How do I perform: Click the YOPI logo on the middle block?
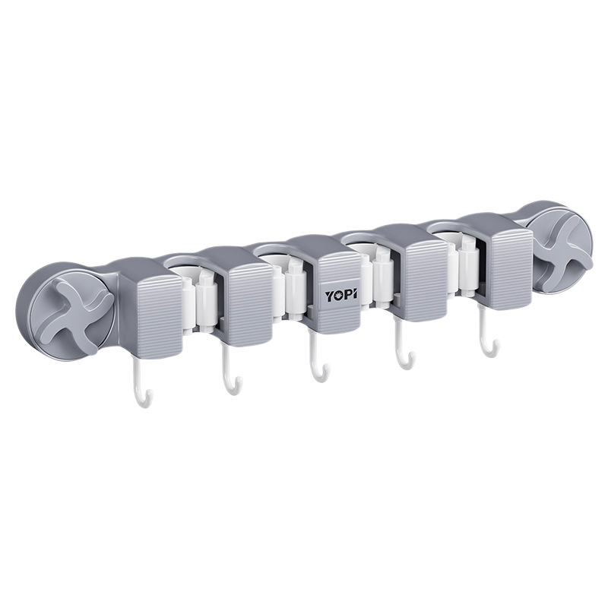tap(341, 295)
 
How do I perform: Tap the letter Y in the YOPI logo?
tap(329, 296)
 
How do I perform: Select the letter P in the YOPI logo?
tap(347, 294)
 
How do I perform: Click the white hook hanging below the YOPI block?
tap(318, 358)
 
